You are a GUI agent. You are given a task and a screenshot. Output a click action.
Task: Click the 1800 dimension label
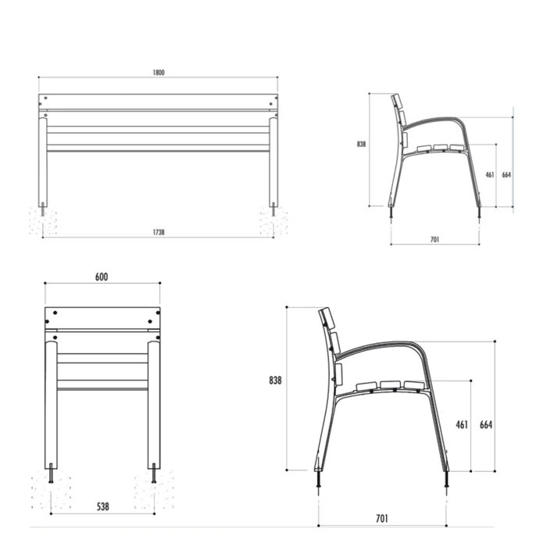(x=159, y=73)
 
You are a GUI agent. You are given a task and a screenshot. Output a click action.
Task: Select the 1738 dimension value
(x=159, y=232)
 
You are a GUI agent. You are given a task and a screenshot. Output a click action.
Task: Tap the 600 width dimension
(x=102, y=277)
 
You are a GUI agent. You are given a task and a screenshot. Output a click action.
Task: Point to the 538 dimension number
(x=102, y=506)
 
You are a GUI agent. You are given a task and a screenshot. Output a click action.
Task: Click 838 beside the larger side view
(x=274, y=381)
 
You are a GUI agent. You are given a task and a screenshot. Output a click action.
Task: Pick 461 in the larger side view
(x=461, y=424)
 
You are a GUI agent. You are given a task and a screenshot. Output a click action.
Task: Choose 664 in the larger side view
(x=485, y=424)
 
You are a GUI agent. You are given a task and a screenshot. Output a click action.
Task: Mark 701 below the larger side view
(x=382, y=518)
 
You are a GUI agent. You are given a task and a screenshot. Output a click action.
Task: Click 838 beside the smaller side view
(x=361, y=144)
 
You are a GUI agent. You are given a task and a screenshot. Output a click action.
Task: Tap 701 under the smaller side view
(x=434, y=239)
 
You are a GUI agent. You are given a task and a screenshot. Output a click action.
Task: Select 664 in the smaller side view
(x=506, y=175)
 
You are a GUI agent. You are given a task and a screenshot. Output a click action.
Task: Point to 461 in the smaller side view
(x=490, y=175)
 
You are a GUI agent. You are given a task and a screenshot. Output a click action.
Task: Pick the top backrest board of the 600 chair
(x=102, y=318)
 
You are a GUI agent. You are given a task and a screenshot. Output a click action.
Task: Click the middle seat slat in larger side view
(x=391, y=384)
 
